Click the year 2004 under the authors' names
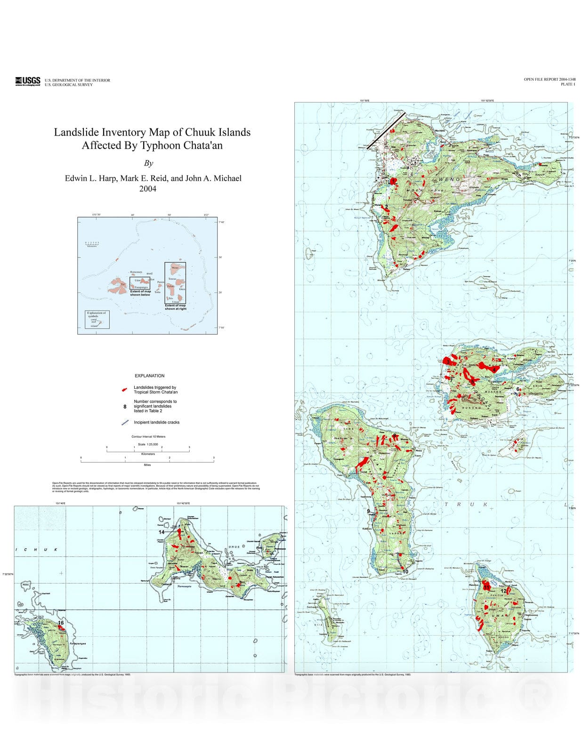tap(147, 189)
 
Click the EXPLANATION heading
tap(149, 376)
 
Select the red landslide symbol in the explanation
tap(124, 390)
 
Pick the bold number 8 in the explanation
tap(125, 406)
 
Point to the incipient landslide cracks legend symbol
tap(125, 423)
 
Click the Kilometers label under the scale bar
tap(148, 454)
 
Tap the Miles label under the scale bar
tap(147, 465)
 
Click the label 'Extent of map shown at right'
tap(175, 307)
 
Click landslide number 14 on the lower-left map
tap(162, 532)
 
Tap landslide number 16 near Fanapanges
tap(61, 623)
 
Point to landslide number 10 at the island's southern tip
tap(405, 571)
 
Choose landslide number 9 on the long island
tap(369, 511)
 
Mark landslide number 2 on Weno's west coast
tap(386, 207)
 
